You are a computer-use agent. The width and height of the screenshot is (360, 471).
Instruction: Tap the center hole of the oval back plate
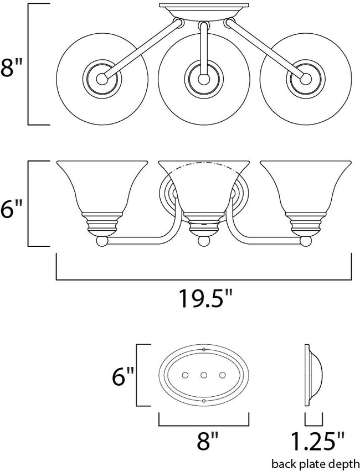point(204,375)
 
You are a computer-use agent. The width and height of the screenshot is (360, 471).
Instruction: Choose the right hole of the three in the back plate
point(222,375)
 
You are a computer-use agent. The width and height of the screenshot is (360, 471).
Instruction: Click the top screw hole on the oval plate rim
point(204,350)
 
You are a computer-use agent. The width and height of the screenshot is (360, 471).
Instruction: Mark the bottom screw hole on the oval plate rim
point(204,400)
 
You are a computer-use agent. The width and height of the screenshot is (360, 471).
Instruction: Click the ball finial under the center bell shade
point(204,241)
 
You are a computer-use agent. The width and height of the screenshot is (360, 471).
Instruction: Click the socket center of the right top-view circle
point(305,79)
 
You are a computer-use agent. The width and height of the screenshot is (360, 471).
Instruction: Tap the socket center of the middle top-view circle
point(203,79)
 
